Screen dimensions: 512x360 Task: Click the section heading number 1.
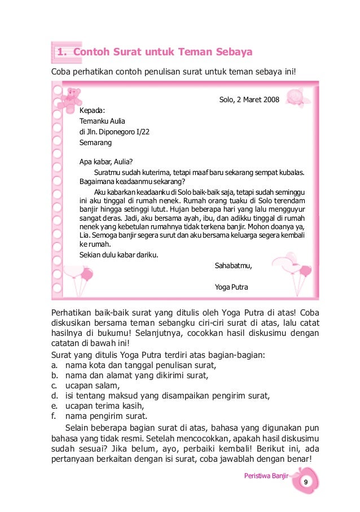coord(59,53)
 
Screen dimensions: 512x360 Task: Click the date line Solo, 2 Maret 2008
coord(244,100)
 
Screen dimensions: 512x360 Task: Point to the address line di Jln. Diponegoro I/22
coord(115,132)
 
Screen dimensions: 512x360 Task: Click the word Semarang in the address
coord(95,143)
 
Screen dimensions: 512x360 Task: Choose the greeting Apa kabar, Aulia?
coord(106,161)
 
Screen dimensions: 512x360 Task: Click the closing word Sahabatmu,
coord(234,265)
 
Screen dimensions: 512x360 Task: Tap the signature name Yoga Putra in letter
coord(231,287)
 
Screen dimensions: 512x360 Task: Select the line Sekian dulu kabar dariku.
coord(118,255)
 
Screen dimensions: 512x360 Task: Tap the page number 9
coord(305,483)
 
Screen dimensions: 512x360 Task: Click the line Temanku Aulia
coord(102,121)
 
